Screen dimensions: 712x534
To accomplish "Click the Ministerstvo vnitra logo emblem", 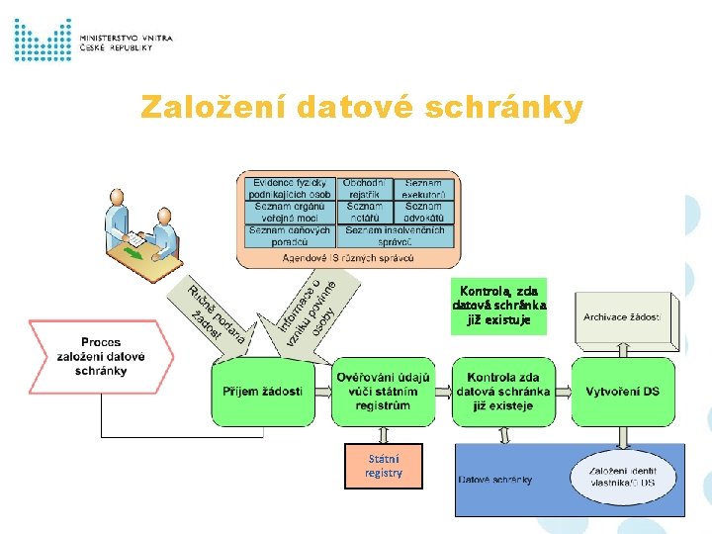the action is pyautogui.click(x=43, y=40).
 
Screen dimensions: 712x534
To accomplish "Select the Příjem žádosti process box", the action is pyautogui.click(x=262, y=392).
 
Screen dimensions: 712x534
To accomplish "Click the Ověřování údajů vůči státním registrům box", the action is pyautogui.click(x=384, y=392).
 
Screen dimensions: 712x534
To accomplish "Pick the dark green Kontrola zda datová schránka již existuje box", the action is pyautogui.click(x=504, y=392).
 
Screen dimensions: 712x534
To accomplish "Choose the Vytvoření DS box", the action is pyautogui.click(x=623, y=392).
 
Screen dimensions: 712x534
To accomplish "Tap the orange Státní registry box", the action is pyautogui.click(x=384, y=466).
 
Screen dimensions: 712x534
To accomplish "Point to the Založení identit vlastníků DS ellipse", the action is pyautogui.click(x=622, y=476).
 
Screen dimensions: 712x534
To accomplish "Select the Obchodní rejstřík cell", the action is pyautogui.click(x=365, y=189).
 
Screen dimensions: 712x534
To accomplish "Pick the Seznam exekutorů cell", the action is pyautogui.click(x=423, y=189).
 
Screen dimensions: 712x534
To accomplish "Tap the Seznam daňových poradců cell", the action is pyautogui.click(x=289, y=236).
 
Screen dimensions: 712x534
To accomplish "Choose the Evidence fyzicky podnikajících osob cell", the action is pyautogui.click(x=289, y=189).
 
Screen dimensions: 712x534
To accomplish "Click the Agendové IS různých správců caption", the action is pyautogui.click(x=348, y=258).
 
